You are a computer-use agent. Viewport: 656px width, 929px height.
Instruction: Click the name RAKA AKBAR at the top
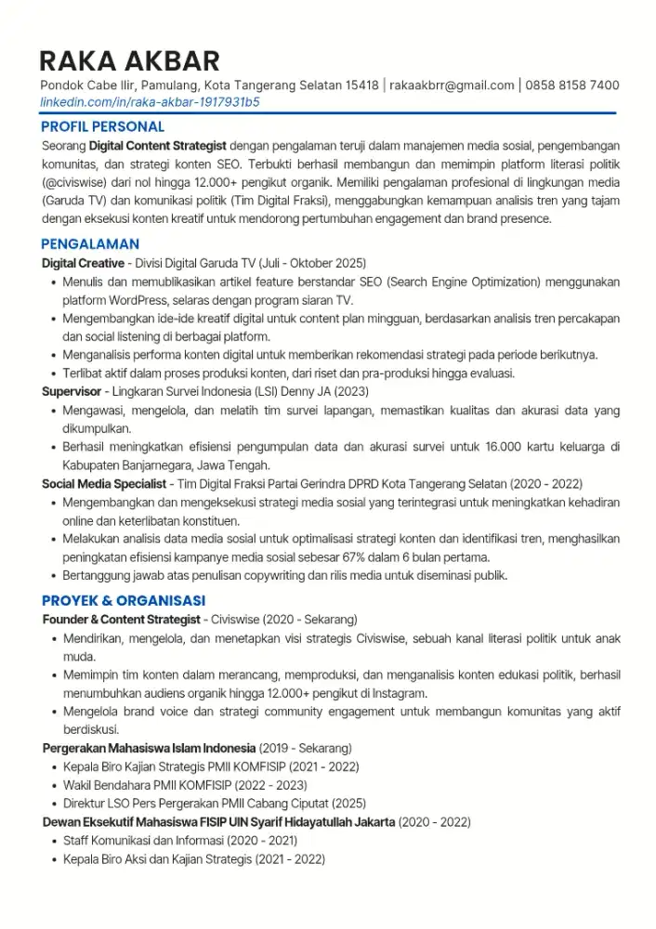129,61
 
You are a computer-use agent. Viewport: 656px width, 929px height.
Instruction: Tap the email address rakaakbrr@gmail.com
452,85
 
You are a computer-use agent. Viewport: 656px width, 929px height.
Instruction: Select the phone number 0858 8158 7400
572,85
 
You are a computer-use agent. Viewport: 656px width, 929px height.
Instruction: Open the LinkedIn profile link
150,101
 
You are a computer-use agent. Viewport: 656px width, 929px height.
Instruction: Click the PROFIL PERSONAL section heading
102,126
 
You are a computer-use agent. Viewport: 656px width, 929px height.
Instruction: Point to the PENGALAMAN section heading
89,244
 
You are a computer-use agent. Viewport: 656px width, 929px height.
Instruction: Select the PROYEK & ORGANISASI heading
123,600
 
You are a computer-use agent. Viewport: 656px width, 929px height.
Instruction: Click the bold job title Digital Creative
83,264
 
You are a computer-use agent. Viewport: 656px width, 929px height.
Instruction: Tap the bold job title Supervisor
72,391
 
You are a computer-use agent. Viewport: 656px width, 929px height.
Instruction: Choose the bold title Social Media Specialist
104,484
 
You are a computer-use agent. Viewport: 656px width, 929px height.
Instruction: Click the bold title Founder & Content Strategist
121,620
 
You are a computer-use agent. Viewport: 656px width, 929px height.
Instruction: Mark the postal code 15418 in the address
361,85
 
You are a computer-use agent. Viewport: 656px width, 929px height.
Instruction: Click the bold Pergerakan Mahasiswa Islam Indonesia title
149,748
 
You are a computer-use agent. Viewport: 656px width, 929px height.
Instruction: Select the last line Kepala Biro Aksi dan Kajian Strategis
193,859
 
